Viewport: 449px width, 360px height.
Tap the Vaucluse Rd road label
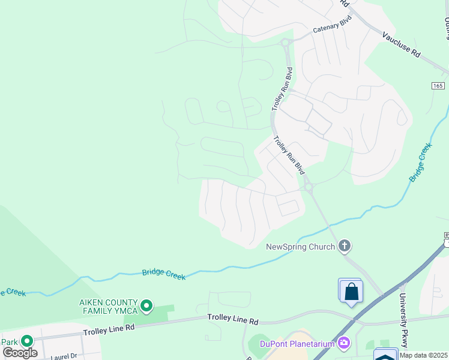point(401,44)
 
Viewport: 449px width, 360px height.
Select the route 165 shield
point(438,86)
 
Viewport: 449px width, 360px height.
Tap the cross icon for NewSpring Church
point(345,245)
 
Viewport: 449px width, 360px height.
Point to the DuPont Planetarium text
point(297,344)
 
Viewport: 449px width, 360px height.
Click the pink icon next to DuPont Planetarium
point(343,343)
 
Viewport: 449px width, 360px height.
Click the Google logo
point(20,353)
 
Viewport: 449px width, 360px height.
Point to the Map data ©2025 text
point(423,355)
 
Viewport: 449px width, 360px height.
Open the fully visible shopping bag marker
point(351,292)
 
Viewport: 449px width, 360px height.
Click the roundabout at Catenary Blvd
point(286,42)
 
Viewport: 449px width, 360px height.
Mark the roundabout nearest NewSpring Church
point(309,187)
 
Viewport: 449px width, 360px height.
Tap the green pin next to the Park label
point(27,341)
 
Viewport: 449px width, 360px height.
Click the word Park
point(9,342)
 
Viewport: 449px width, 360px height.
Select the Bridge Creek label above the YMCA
point(164,274)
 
